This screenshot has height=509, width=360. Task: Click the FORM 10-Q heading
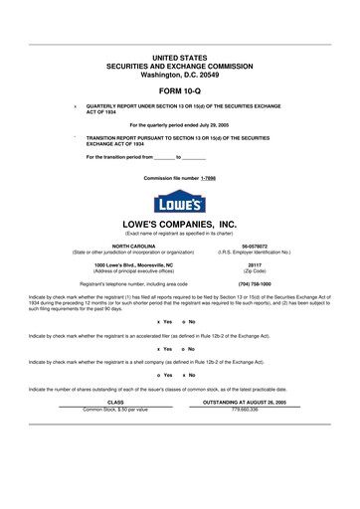180,89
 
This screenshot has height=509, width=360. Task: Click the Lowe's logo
180,200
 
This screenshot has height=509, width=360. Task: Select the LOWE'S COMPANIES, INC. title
180,224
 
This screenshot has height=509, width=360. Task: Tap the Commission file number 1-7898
180,177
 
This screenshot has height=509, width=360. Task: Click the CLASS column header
114,403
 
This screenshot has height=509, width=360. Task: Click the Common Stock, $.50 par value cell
114,409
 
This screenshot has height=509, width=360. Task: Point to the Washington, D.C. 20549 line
180,73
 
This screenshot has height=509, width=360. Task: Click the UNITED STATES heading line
180,57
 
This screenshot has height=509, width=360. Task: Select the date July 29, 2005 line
180,123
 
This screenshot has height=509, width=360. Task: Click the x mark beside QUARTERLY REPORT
75,104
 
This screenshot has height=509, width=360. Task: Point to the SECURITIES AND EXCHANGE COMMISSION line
180,65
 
